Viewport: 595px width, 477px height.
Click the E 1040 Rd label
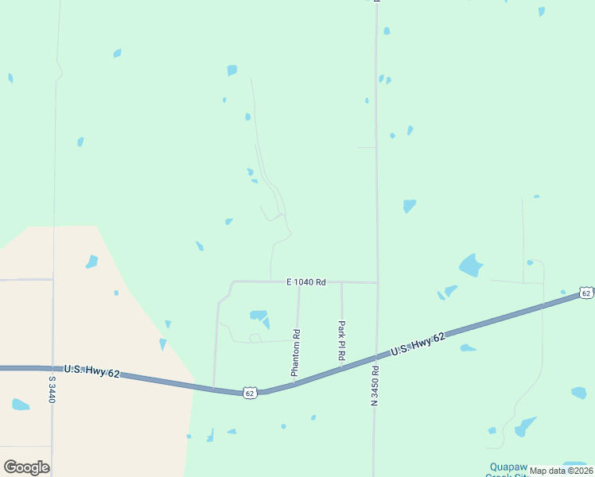[306, 282]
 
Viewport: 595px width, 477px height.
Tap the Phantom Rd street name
[295, 352]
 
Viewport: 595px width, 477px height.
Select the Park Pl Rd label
[341, 341]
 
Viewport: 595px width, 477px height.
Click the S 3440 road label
[52, 390]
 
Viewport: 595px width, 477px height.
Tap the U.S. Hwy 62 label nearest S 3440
[91, 370]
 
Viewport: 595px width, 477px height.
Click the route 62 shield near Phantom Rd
[250, 393]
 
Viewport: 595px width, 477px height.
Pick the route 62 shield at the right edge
[586, 293]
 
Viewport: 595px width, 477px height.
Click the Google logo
[26, 467]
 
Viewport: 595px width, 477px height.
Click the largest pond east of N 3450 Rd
[471, 265]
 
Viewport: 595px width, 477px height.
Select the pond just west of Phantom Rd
[259, 316]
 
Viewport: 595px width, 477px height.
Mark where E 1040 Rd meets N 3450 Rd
[376, 282]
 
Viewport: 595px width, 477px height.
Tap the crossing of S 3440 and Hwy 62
[52, 368]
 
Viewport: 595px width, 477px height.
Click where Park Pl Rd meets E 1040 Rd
[341, 282]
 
